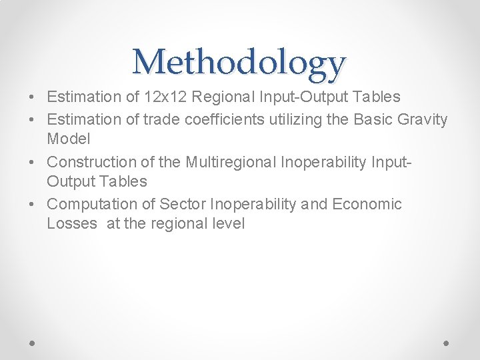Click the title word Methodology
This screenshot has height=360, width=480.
(x=239, y=62)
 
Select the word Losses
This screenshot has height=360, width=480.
(x=72, y=223)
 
